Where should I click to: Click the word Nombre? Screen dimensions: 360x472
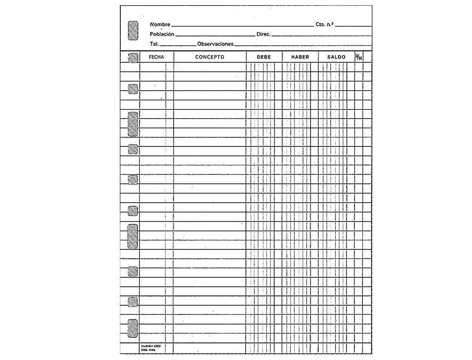coord(160,24)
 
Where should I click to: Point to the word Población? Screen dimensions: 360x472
coord(162,34)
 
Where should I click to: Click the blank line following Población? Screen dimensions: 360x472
coord(215,35)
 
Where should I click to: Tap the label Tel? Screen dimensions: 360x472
coord(154,43)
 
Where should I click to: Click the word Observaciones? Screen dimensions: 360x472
coord(215,43)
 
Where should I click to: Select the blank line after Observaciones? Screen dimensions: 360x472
coord(302,45)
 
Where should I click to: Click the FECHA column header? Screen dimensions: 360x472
coord(156,57)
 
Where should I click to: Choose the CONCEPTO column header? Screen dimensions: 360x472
coord(210,57)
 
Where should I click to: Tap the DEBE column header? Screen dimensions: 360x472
coord(264,57)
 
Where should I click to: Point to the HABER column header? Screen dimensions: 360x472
coord(300,57)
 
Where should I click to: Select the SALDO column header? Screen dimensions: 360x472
coord(337,57)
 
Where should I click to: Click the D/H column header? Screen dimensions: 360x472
coord(358,57)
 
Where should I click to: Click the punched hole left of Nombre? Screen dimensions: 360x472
coord(133,30)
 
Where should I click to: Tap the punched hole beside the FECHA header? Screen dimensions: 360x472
coord(133,58)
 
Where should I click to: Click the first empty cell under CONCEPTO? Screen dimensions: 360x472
coord(210,67)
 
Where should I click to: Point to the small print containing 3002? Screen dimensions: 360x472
coord(151,346)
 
